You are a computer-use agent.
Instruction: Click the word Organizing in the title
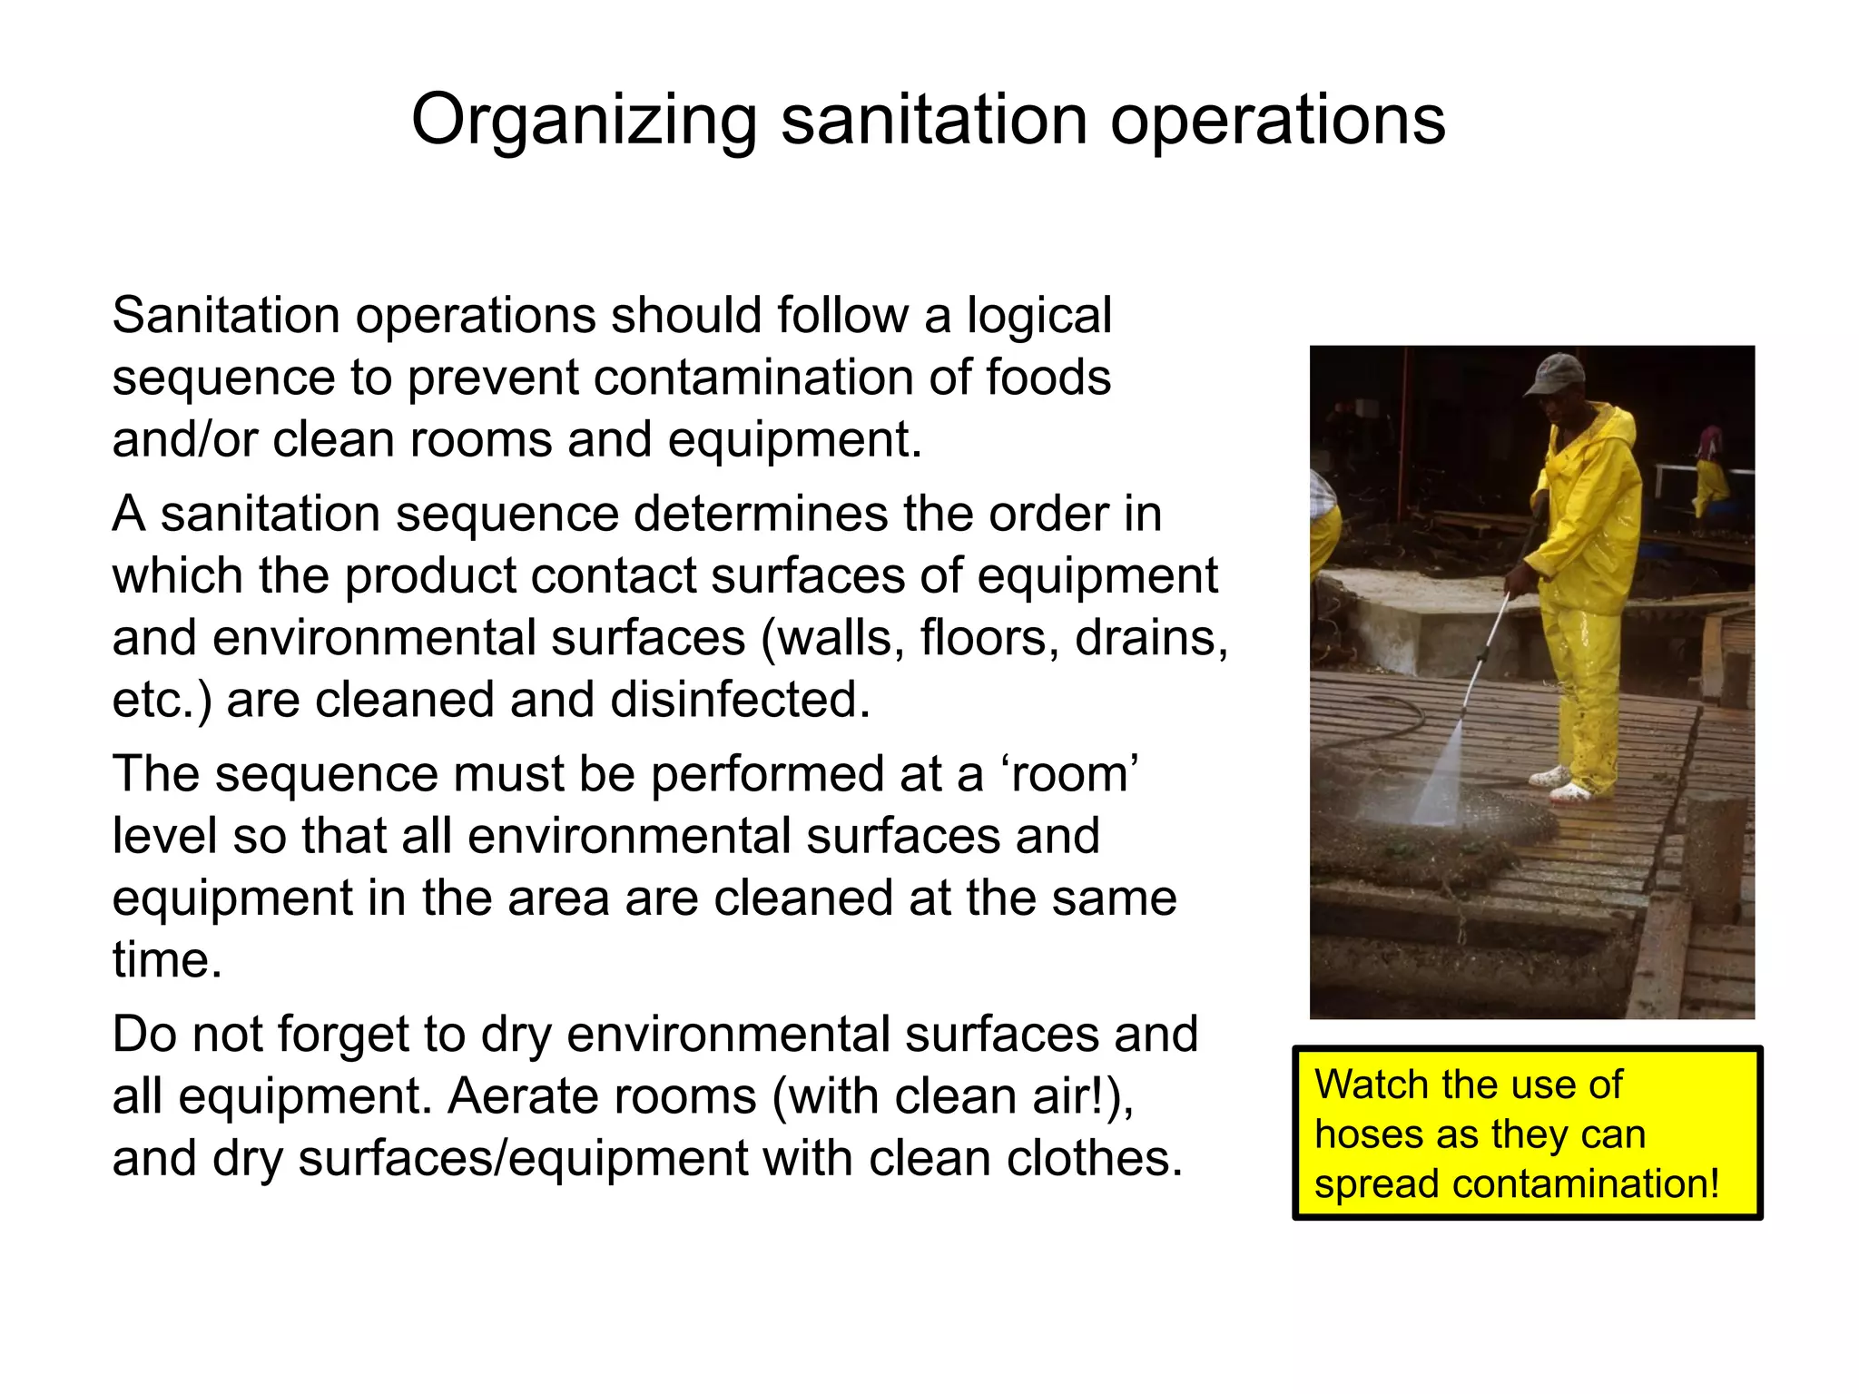tap(584, 121)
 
